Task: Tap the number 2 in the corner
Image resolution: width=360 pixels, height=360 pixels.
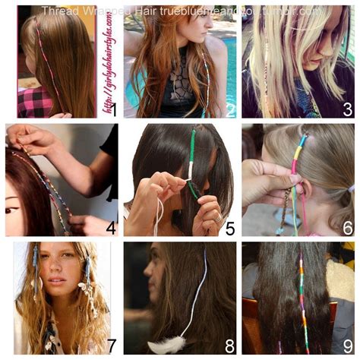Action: [x=230, y=109]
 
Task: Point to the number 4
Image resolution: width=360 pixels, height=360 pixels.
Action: [x=110, y=226]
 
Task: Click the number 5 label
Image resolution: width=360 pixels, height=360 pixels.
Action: [x=229, y=226]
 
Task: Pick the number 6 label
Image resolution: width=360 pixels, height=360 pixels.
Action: [x=347, y=226]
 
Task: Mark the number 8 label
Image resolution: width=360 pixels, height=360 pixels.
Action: [x=229, y=345]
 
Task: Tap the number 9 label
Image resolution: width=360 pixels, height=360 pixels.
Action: [x=347, y=345]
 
